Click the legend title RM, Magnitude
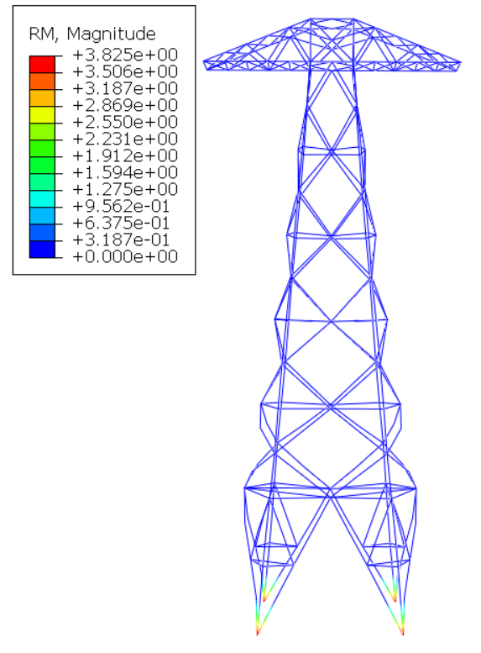tap(92, 34)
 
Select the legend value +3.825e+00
tap(125, 55)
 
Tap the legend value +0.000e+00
tap(125, 256)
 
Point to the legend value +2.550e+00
tap(125, 122)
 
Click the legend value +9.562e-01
tap(121, 206)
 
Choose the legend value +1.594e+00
tap(125, 172)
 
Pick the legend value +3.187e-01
tap(121, 240)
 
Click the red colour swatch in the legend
tap(42, 64)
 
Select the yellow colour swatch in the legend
tap(42, 115)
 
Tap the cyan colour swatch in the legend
tap(42, 199)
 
